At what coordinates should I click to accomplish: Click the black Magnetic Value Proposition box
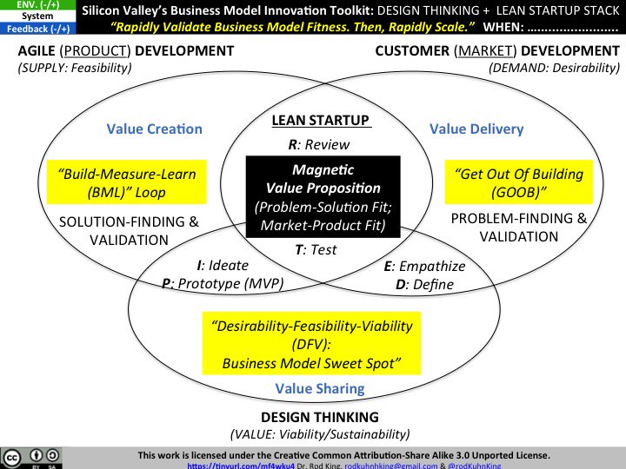click(x=323, y=197)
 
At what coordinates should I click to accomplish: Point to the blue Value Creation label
click(x=155, y=129)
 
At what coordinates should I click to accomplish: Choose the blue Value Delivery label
click(x=476, y=129)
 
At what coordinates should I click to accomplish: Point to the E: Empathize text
click(x=424, y=266)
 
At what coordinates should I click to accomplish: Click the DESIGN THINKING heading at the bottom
click(x=319, y=417)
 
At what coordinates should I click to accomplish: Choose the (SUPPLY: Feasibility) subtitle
click(x=75, y=68)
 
